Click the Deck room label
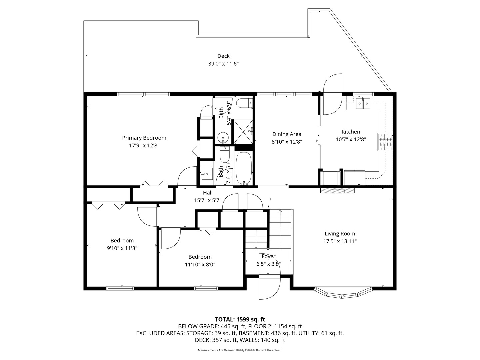[223, 56]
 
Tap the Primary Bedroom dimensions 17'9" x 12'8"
[144, 146]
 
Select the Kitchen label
[351, 132]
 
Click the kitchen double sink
[363, 104]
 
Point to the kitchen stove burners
[385, 142]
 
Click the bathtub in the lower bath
[244, 168]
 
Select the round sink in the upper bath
[222, 137]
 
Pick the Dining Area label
[287, 134]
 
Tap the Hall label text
[208, 193]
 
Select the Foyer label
[268, 256]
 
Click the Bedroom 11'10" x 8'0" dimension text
[200, 265]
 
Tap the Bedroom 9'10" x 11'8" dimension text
[122, 248]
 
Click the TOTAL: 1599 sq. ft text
[240, 319]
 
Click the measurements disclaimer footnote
[240, 350]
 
